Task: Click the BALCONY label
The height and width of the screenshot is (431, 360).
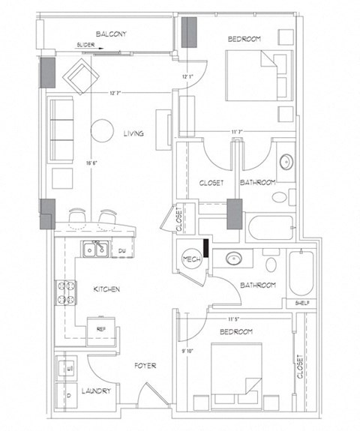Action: click(110, 34)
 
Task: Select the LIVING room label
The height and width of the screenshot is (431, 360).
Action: click(134, 134)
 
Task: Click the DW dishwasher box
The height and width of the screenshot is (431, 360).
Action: click(121, 250)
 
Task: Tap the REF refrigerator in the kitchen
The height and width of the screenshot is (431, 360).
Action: click(99, 328)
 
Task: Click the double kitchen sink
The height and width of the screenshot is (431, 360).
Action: click(95, 248)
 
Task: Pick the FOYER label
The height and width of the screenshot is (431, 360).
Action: click(145, 367)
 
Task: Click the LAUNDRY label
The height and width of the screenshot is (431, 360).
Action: click(97, 391)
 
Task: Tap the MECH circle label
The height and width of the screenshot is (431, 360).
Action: click(189, 259)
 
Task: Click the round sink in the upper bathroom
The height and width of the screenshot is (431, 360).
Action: click(286, 161)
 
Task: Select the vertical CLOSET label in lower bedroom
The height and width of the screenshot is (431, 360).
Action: click(299, 366)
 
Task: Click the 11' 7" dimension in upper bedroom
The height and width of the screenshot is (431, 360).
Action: click(238, 132)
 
